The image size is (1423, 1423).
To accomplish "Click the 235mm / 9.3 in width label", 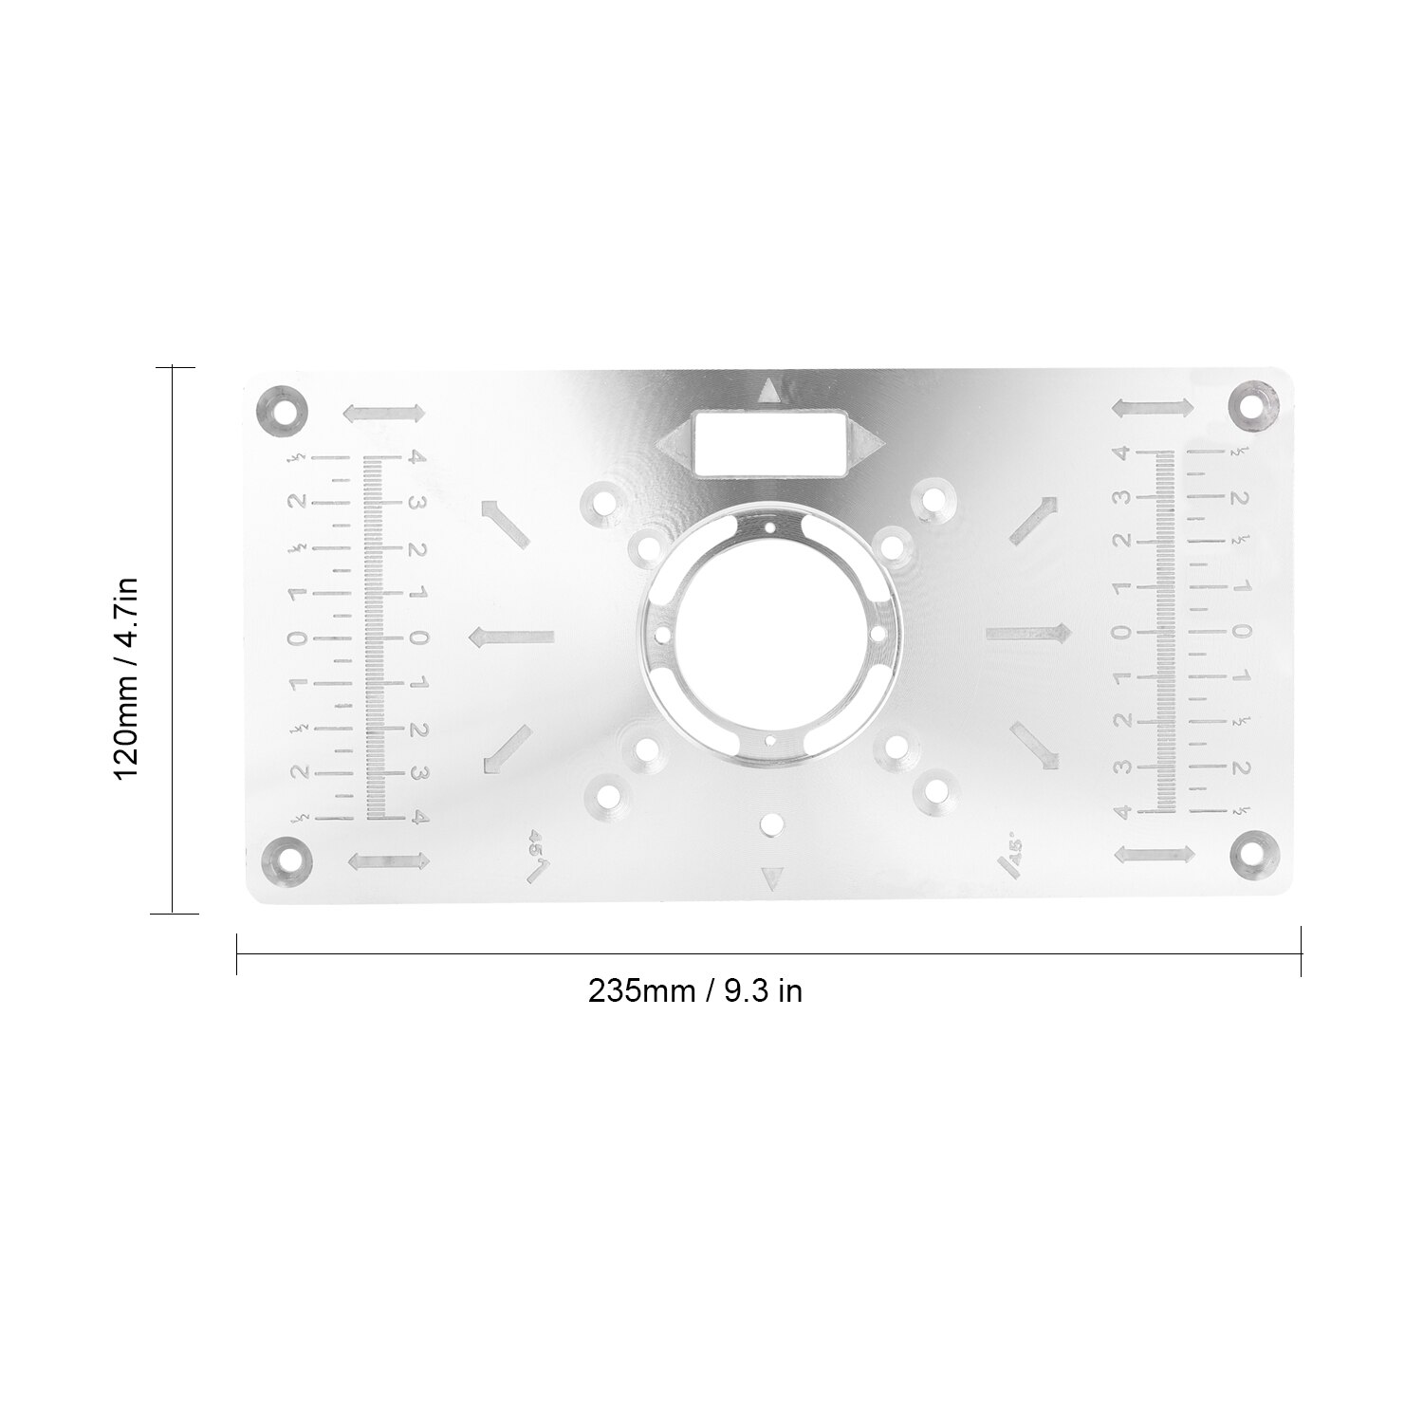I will pyautogui.click(x=694, y=990).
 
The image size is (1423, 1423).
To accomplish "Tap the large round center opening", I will pyautogui.click(x=770, y=633).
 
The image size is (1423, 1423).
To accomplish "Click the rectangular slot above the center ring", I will pyautogui.click(x=769, y=441).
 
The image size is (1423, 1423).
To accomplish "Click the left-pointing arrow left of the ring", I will pyautogui.click(x=511, y=636).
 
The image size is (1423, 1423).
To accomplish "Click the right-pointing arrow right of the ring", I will pyautogui.click(x=1028, y=632).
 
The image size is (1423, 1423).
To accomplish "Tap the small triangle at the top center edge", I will pyautogui.click(x=768, y=389).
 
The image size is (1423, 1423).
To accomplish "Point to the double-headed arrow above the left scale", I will pyautogui.click(x=384, y=414).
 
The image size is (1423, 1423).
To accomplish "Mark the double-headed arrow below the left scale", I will pyautogui.click(x=388, y=860).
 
